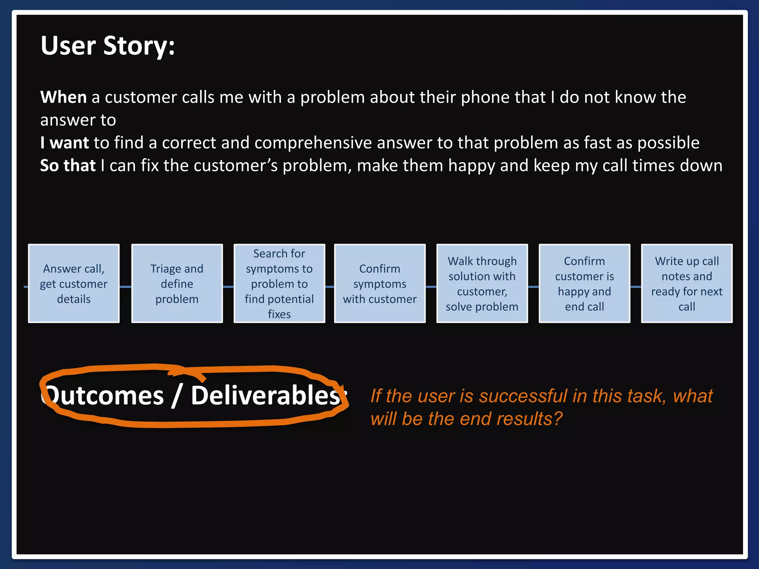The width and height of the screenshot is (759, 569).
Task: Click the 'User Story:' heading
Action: [x=107, y=46]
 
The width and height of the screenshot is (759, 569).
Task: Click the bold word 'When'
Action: [x=63, y=97]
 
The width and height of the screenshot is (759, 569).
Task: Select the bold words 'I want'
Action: [x=64, y=143]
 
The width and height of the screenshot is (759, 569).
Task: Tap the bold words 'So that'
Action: [x=68, y=166]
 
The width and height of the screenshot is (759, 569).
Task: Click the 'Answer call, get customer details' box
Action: [x=74, y=284]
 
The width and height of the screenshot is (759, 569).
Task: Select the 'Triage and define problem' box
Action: [x=177, y=284]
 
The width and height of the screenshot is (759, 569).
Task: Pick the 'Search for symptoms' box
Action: [x=279, y=284]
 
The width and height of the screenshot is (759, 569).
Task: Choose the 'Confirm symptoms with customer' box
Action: [x=379, y=284]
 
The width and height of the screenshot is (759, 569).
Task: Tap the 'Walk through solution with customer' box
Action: [x=482, y=284]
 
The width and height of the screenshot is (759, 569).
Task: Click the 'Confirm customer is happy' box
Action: [x=584, y=284]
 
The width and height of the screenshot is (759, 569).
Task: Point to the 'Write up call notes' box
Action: [x=686, y=284]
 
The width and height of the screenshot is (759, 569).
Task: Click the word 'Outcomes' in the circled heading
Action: [x=104, y=396]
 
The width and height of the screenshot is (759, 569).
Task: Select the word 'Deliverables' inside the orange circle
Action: [x=265, y=396]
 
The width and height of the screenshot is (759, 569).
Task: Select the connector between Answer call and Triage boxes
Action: [x=125, y=287]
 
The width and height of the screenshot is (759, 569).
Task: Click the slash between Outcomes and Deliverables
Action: [x=177, y=396]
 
